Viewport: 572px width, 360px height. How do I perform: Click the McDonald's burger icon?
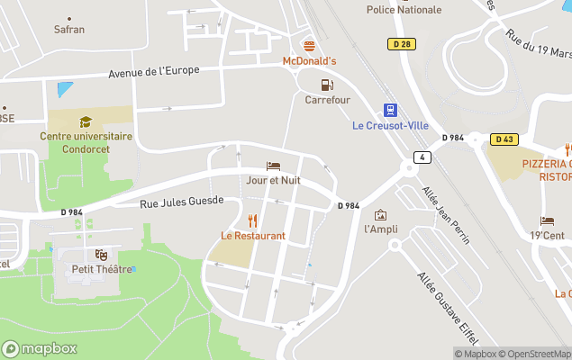pyautogui.click(x=309, y=45)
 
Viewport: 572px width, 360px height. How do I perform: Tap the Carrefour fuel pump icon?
pyautogui.click(x=326, y=85)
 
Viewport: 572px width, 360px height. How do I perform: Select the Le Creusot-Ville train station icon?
pyautogui.click(x=389, y=110)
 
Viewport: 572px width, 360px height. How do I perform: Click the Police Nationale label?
pyautogui.click(x=404, y=10)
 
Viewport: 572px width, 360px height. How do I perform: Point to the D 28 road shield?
pyautogui.click(x=401, y=43)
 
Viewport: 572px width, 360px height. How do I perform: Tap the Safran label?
pyautogui.click(x=69, y=29)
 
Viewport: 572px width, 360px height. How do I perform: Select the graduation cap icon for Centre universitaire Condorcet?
pyautogui.click(x=86, y=121)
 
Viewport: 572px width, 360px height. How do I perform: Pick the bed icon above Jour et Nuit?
pyautogui.click(x=273, y=166)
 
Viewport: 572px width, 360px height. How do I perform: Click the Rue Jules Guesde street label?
pyautogui.click(x=182, y=203)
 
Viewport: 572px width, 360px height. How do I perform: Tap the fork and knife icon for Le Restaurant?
pyautogui.click(x=253, y=220)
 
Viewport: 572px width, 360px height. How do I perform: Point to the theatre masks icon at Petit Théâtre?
pyautogui.click(x=101, y=255)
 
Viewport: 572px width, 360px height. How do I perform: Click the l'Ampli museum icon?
pyautogui.click(x=380, y=215)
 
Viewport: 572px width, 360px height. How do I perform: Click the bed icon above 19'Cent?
pyautogui.click(x=547, y=221)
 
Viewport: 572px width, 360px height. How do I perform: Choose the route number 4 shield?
pyautogui.click(x=421, y=157)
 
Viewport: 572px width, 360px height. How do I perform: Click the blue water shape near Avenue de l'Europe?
pyautogui.click(x=66, y=90)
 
